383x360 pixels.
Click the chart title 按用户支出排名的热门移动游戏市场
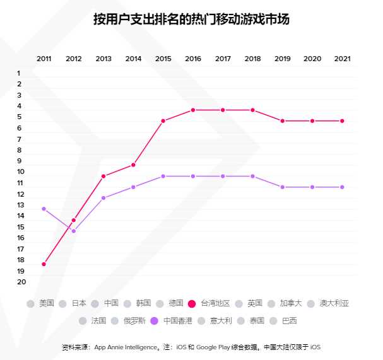(191, 19)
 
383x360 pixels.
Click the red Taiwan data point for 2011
(44, 264)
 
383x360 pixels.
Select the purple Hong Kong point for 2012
(74, 231)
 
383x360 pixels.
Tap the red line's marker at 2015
(163, 121)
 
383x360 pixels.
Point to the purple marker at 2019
(283, 187)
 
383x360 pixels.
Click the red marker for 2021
(342, 121)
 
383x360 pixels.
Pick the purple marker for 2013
(103, 198)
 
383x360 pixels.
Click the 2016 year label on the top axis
(193, 59)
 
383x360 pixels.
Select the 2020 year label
(312, 59)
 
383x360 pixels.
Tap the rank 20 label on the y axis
(21, 282)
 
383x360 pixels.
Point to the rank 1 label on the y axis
(19, 73)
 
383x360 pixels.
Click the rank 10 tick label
(21, 172)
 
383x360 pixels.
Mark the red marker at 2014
(133, 165)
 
